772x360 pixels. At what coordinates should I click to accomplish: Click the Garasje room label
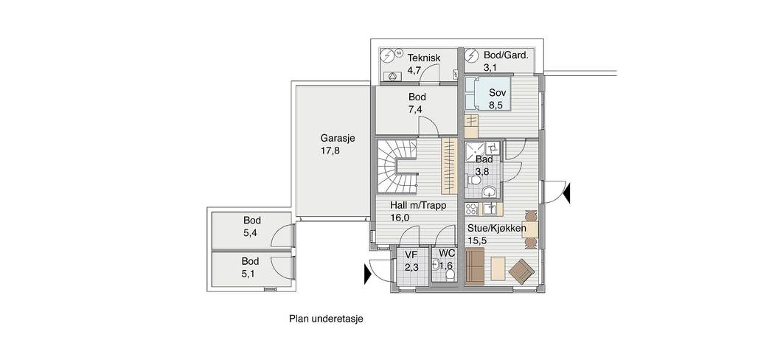pos(338,139)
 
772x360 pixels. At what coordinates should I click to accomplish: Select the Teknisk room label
pos(424,58)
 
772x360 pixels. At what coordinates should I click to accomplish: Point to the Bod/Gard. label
pos(506,55)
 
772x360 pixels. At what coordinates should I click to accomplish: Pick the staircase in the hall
pos(397,167)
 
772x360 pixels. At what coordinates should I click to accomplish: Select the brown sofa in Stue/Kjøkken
pos(475,266)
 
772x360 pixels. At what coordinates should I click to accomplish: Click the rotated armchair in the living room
pos(521,271)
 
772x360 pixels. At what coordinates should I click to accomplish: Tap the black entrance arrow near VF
pos(368,274)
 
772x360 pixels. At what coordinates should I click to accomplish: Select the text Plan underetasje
pos(326,319)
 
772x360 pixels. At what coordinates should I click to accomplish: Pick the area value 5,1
pos(250,274)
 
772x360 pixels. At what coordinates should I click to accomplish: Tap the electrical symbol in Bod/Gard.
pos(472,55)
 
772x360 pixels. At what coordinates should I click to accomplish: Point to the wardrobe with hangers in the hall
pos(449,167)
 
